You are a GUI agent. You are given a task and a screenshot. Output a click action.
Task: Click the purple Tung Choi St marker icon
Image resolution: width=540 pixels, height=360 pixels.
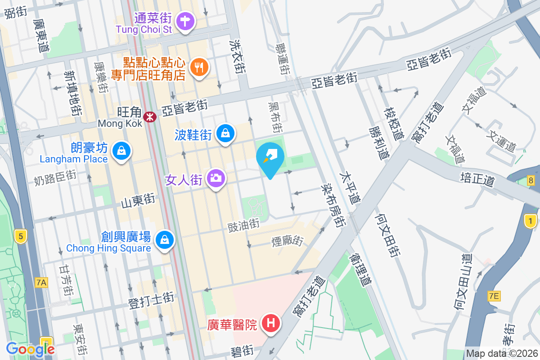click(185, 21)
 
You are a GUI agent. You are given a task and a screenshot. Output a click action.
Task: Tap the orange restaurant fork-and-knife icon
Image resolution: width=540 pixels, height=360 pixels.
click(198, 67)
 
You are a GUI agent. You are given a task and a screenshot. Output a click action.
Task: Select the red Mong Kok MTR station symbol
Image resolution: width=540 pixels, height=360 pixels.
click(149, 117)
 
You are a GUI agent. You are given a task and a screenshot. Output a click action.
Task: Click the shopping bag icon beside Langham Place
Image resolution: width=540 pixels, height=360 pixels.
click(121, 151)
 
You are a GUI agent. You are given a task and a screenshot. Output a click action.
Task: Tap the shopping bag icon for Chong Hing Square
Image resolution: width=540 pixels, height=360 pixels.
click(165, 240)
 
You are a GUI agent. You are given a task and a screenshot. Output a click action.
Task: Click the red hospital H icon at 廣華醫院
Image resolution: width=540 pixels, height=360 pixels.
click(271, 323)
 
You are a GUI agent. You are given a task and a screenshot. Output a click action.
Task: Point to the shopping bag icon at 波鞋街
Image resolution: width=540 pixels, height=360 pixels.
click(225, 133)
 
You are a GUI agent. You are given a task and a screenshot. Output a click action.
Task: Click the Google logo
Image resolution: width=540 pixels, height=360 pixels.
click(31, 349)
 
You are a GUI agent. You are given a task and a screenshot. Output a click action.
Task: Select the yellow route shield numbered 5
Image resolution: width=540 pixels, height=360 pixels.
click(19, 235)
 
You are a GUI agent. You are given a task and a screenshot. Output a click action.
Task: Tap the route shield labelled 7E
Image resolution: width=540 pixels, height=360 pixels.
click(494, 296)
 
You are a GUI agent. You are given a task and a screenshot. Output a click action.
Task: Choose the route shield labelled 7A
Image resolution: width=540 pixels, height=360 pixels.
click(41, 283)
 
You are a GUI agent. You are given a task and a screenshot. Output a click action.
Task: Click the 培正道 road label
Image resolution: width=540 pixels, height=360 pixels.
click(477, 178)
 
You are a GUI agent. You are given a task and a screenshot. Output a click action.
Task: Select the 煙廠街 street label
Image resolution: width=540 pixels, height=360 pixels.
click(287, 241)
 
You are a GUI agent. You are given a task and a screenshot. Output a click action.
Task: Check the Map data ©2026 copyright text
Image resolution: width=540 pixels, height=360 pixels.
click(502, 353)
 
